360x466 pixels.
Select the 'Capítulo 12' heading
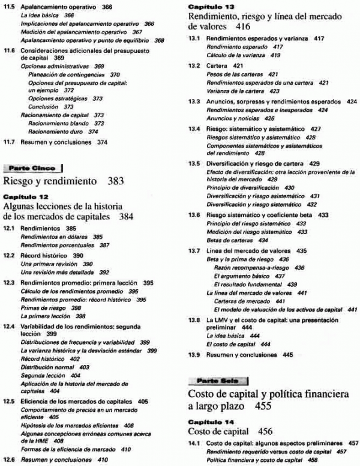23,196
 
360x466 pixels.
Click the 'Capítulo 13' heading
208,7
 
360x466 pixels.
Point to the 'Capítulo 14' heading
208,422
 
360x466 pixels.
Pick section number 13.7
194,251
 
